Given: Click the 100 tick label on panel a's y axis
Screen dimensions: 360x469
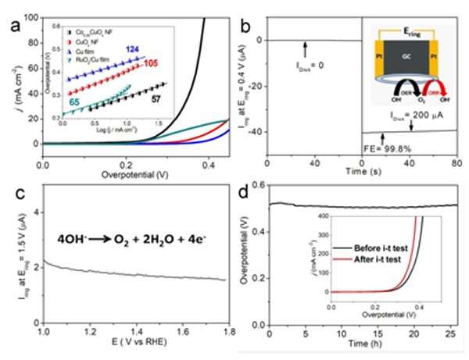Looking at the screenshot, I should tap(31, 14).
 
